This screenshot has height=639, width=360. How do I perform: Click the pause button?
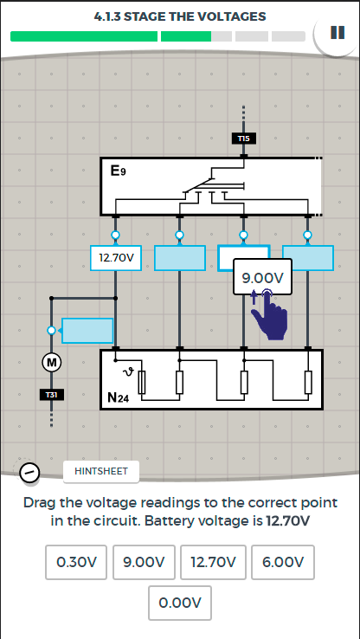pyautogui.click(x=337, y=33)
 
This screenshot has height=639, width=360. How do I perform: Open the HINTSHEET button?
pyautogui.click(x=101, y=472)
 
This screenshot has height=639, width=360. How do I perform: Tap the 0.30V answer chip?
pyautogui.click(x=76, y=563)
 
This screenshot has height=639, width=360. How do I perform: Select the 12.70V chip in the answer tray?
pyautogui.click(x=213, y=563)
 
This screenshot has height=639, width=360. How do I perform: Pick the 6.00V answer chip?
pyautogui.click(x=283, y=563)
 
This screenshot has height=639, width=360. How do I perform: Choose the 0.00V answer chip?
pyautogui.click(x=180, y=603)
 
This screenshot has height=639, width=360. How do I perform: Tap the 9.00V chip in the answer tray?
pyautogui.click(x=144, y=563)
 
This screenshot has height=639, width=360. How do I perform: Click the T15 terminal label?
pyautogui.click(x=243, y=139)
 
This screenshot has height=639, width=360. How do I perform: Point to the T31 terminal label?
pyautogui.click(x=51, y=395)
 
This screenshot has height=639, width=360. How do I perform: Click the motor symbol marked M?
pyautogui.click(x=52, y=362)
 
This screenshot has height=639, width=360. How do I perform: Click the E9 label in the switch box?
pyautogui.click(x=118, y=171)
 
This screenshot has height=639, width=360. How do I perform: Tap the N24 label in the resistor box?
pyautogui.click(x=118, y=397)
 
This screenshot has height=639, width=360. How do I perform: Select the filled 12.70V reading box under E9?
pyautogui.click(x=116, y=258)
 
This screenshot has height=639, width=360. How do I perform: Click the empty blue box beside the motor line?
pyautogui.click(x=87, y=331)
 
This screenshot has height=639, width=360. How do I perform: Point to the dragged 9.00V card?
pyautogui.click(x=263, y=277)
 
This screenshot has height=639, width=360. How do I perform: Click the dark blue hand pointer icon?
pyautogui.click(x=269, y=314)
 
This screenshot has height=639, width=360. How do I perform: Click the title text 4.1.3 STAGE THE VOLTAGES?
pyautogui.click(x=180, y=16)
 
